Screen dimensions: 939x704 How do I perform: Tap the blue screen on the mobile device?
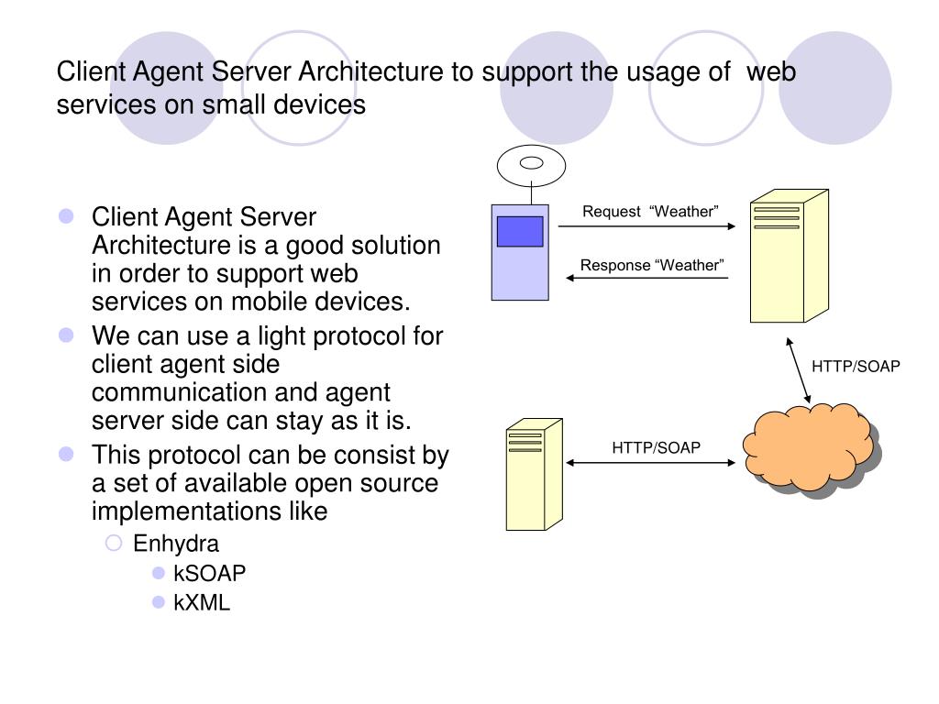pos(520,231)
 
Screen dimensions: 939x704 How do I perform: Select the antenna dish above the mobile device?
pos(531,166)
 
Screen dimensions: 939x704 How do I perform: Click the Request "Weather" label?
pos(650,212)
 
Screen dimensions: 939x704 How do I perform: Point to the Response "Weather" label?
pos(652,265)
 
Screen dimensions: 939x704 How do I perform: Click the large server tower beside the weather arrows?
pos(790,257)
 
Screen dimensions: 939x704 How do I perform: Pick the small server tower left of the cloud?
pos(535,474)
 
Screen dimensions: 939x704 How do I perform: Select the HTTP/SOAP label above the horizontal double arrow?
pos(656,447)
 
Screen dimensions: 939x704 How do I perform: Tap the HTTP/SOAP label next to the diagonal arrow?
pos(856,367)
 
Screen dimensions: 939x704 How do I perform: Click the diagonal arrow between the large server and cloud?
pos(799,370)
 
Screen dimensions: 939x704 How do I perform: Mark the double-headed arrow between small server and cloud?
pos(650,463)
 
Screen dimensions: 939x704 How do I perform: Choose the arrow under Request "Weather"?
pos(646,226)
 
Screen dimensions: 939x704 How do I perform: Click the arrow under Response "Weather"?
pos(647,278)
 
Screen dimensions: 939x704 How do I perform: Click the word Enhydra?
pos(176,544)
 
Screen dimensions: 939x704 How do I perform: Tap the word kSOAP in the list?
pos(210,574)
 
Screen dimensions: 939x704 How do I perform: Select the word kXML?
pos(202,602)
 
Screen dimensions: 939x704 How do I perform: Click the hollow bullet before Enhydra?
pos(113,543)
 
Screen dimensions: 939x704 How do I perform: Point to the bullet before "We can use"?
pos(66,335)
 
